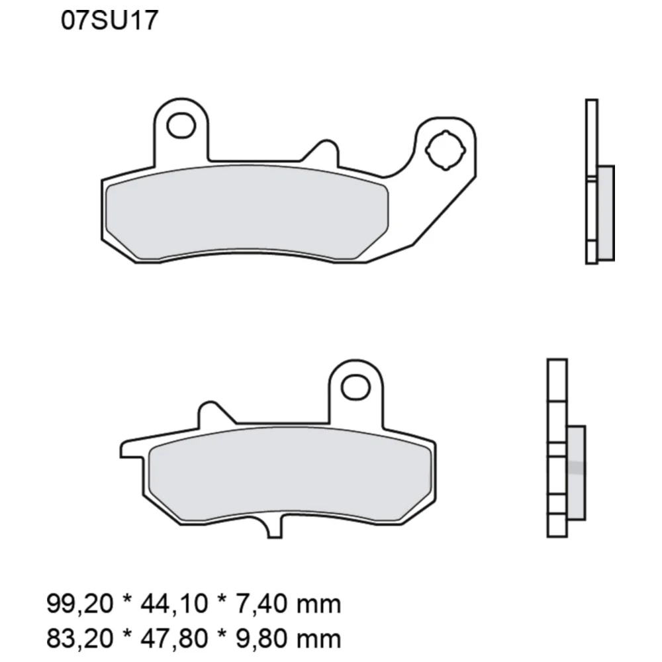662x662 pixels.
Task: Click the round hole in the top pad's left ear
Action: [179, 124]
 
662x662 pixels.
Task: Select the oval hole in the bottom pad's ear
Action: [356, 386]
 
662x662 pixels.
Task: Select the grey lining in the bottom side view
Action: [576, 471]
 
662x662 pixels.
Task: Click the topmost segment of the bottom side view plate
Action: [557, 379]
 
